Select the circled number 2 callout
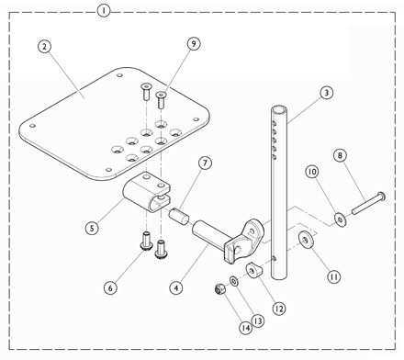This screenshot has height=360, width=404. coord(42,46)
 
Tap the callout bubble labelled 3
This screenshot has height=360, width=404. coord(325,93)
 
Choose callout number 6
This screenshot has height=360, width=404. coord(110,287)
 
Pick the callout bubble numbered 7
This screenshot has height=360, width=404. coord(204,163)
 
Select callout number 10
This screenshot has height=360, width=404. coord(312,171)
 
